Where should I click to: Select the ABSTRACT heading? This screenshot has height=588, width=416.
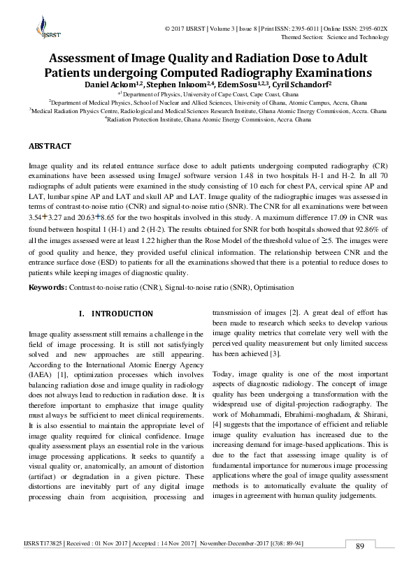click(x=50, y=146)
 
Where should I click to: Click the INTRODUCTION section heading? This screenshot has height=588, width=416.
click(x=122, y=314)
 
